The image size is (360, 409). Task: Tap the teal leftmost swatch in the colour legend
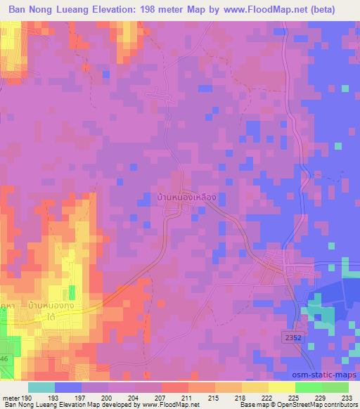pos(41,387)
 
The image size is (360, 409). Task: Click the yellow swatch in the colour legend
pos(281,387)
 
